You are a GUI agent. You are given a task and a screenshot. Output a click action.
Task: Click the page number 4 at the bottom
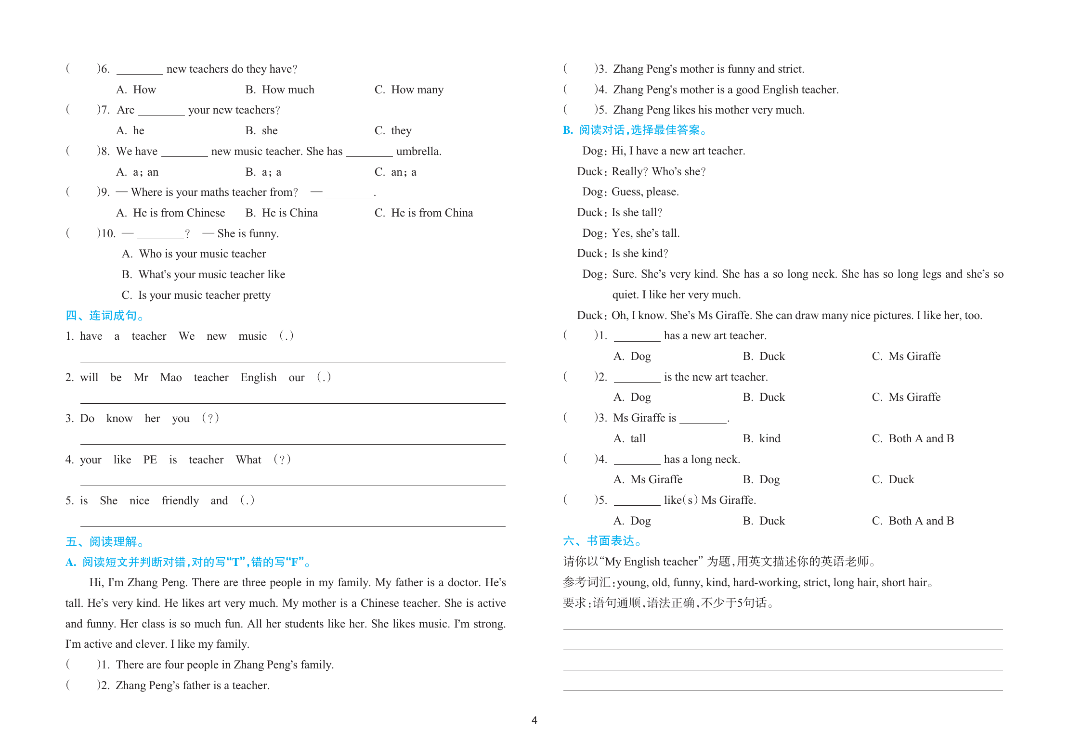pos(534,720)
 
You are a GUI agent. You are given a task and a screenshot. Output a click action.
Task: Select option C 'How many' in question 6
pos(409,90)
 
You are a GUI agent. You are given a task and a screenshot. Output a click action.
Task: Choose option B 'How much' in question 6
pos(280,90)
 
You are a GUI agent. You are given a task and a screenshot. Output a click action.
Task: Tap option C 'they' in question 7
pos(393,131)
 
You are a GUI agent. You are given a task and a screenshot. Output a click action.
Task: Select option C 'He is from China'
pos(424,213)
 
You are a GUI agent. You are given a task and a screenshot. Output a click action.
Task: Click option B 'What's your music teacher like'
pos(203,275)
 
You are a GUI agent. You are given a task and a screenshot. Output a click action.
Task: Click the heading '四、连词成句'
pos(104,316)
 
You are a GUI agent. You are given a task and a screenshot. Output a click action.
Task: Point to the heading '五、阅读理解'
pos(104,542)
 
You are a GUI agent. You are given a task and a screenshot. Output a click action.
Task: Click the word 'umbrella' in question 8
pos(418,152)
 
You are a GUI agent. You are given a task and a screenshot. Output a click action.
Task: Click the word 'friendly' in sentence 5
pos(180,501)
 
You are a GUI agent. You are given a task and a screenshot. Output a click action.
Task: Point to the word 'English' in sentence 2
pos(259,378)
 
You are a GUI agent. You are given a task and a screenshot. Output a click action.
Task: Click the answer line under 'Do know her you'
pos(293,443)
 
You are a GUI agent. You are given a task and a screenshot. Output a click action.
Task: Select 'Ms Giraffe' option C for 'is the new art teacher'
pos(906,397)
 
